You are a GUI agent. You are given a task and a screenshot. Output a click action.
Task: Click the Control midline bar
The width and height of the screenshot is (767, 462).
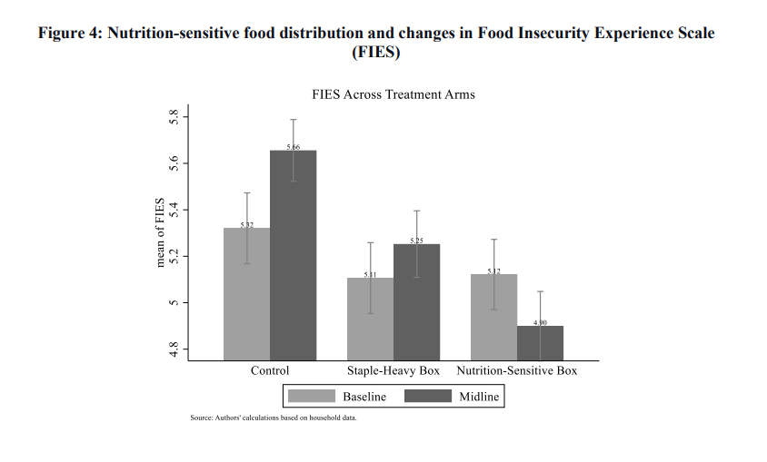tap(294, 254)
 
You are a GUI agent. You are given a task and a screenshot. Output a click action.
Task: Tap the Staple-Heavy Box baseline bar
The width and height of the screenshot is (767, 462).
tap(370, 319)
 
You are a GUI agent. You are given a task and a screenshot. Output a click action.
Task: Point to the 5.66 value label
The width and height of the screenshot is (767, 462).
tap(294, 147)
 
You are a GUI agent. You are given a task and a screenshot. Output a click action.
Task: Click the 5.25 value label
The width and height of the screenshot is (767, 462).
tap(416, 241)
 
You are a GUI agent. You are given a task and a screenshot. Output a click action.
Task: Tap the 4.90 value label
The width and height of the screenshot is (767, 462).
tap(540, 323)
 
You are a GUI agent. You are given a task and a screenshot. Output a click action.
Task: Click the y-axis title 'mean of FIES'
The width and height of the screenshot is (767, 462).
tap(161, 232)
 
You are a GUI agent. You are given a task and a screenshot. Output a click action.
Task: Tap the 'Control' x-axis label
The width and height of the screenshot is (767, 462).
tap(270, 371)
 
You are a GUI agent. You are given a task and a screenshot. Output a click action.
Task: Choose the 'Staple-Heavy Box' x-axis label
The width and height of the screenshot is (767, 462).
tap(393, 371)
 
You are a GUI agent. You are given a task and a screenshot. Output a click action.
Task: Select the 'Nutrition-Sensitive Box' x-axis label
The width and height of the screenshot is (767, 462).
tap(516, 371)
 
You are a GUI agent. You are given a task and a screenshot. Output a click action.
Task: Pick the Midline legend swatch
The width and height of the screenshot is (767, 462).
tap(427, 397)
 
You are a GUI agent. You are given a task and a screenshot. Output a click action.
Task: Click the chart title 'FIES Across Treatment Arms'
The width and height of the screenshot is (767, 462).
tap(393, 94)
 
